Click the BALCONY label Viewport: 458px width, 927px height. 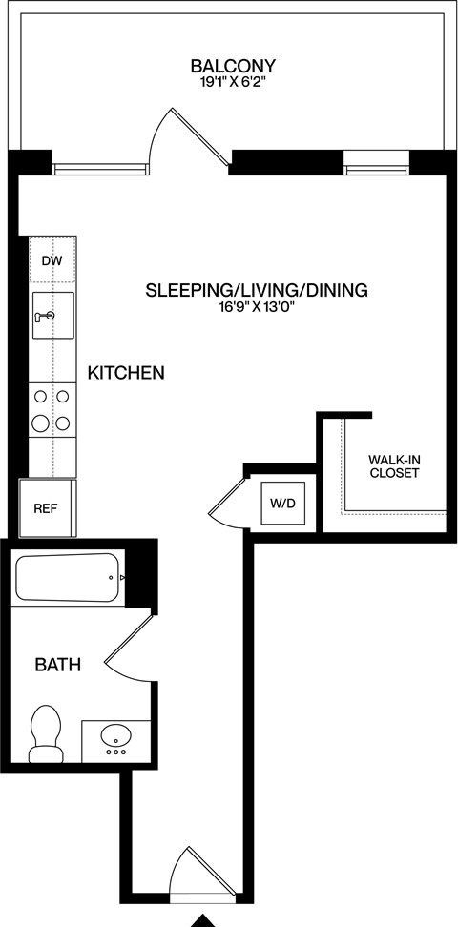tap(233, 66)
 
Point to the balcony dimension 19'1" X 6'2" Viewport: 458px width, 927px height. tap(233, 83)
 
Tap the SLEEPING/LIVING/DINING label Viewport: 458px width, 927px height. tap(256, 290)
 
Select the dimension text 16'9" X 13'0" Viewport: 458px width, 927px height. tap(256, 307)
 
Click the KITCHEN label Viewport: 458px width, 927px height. tap(126, 373)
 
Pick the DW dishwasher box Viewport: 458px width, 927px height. tap(52, 260)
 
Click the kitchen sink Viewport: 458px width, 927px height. tap(52, 315)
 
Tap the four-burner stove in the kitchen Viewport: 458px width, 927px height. tap(52, 409)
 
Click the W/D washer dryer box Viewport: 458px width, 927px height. tap(282, 503)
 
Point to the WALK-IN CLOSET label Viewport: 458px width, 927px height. tap(394, 466)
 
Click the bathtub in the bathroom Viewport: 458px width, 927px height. tap(67, 577)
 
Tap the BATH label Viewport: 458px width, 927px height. tap(57, 664)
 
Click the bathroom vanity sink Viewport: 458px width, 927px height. tap(115, 738)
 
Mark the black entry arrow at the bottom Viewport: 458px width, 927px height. tap(203, 920)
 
